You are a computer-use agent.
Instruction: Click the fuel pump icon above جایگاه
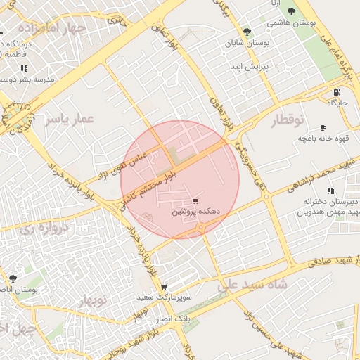pos(337,92)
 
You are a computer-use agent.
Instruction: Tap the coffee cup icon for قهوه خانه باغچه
pos(323,127)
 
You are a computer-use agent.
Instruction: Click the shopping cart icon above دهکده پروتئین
pos(195,201)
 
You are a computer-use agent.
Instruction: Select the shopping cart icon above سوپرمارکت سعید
pos(164,287)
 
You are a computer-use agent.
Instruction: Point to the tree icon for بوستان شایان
pos(246,32)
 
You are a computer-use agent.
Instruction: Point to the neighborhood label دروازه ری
pos(45,227)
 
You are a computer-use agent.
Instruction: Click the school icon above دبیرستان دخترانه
pos(330,191)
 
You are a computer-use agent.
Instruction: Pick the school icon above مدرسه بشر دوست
pos(24,69)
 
